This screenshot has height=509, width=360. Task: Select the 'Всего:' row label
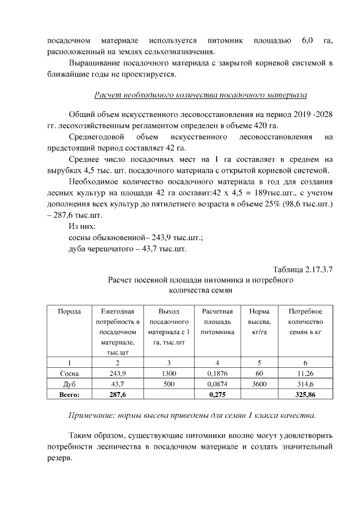tap(69, 395)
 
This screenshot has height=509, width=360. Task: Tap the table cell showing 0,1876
tap(217, 373)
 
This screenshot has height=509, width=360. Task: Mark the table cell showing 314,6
tap(305, 384)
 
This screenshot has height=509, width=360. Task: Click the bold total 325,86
tap(305, 395)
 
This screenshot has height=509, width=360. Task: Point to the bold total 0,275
tap(217, 395)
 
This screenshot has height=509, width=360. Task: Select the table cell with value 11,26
tap(305, 373)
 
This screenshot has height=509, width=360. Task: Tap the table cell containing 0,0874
tap(217, 384)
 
